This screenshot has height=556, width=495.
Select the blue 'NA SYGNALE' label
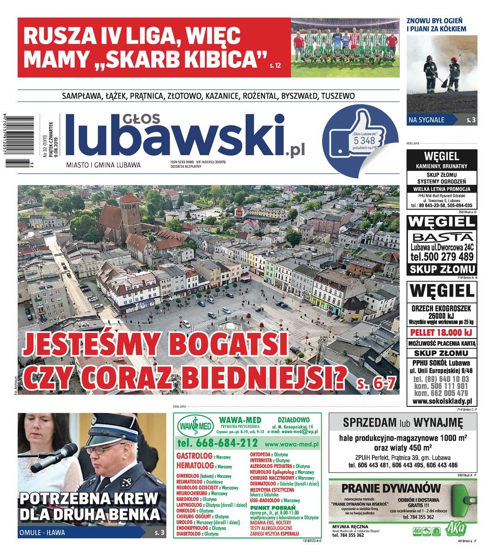click(426, 120)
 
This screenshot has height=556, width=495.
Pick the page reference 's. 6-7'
click(376, 383)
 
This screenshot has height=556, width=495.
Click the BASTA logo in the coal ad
click(442, 237)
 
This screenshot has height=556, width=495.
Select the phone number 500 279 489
click(442, 257)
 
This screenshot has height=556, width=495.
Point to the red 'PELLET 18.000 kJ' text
click(442, 333)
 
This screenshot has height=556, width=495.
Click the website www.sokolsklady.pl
click(442, 401)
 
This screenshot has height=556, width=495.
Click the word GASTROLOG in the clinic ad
click(194, 456)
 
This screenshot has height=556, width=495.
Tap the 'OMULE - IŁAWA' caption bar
click(42, 533)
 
